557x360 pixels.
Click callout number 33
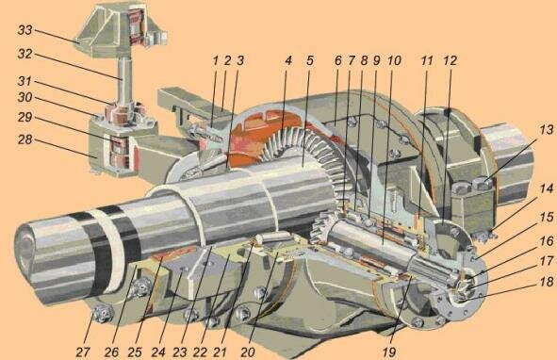(x=25, y=30)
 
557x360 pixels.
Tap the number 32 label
(x=25, y=54)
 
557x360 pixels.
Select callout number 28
(x=25, y=139)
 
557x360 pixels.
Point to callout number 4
(x=288, y=60)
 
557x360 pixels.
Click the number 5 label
(x=310, y=60)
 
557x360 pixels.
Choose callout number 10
(x=394, y=60)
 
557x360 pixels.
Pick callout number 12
(x=450, y=60)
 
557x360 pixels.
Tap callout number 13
(x=547, y=130)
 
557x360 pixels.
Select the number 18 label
(x=547, y=282)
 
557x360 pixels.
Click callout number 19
(x=389, y=352)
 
